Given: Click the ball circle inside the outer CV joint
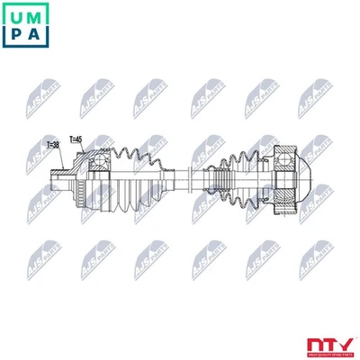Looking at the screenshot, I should pyautogui.click(x=100, y=163).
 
